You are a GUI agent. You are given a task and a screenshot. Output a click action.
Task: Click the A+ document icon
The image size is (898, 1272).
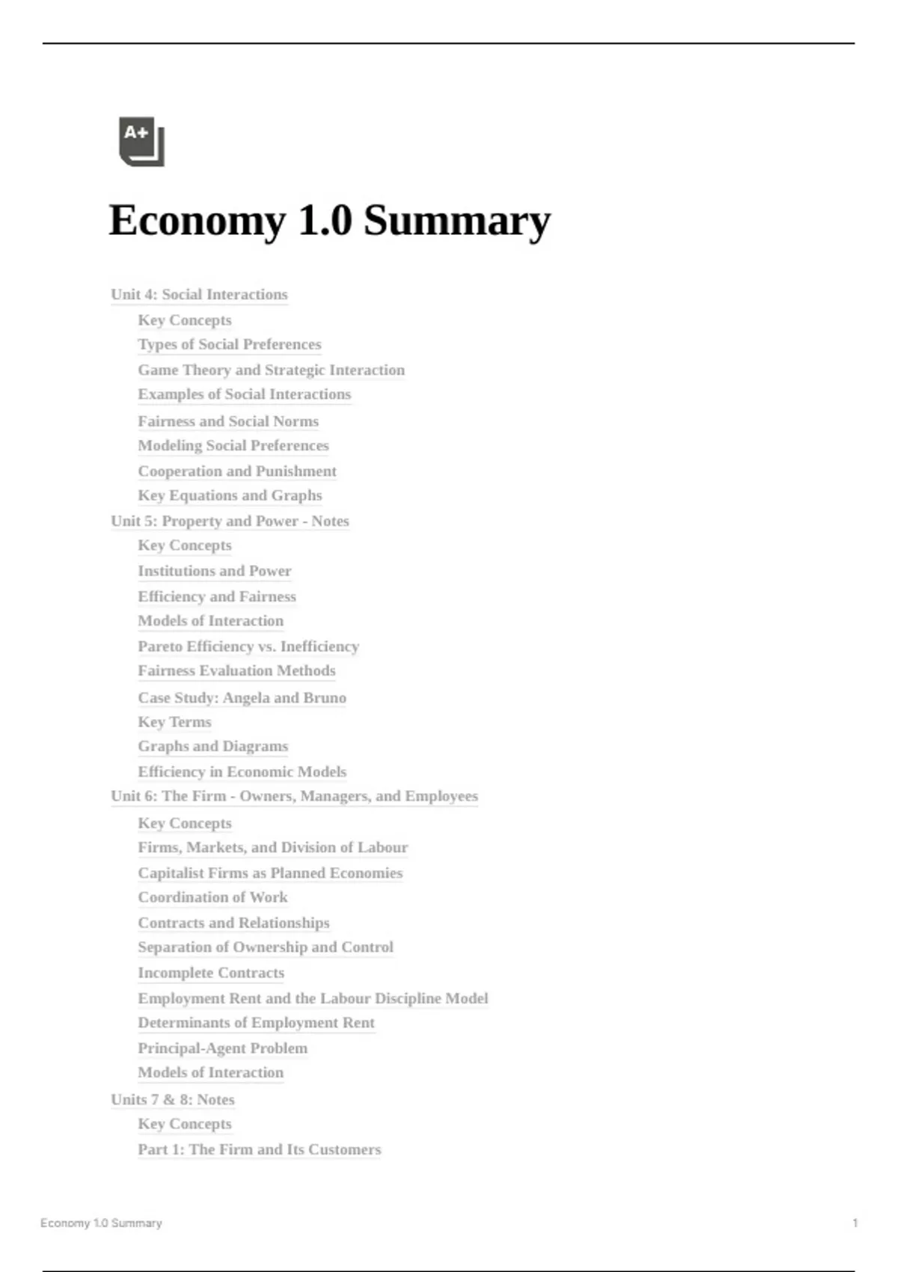click(x=141, y=141)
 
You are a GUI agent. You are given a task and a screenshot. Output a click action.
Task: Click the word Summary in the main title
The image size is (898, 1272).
click(x=456, y=221)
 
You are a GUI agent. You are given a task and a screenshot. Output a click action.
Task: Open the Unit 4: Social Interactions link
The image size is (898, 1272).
click(x=199, y=295)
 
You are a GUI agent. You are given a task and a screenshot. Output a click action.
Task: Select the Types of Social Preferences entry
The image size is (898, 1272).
click(x=229, y=345)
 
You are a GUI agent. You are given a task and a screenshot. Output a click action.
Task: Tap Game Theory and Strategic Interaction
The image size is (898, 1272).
click(x=271, y=370)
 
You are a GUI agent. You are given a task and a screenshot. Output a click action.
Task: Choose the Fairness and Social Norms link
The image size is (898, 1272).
click(x=228, y=422)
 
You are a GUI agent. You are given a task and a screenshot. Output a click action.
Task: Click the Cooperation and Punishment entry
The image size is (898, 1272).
click(x=237, y=471)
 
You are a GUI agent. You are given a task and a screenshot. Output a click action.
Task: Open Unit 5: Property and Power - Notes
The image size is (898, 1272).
click(x=230, y=522)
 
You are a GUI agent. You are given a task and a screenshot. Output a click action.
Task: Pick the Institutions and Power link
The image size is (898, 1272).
click(x=214, y=571)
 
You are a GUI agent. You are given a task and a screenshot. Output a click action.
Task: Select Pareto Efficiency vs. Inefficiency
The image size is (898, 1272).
click(x=248, y=646)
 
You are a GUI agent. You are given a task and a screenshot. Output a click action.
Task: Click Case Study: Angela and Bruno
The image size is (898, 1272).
click(x=242, y=698)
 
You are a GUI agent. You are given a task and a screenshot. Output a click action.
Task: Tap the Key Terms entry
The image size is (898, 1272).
click(x=174, y=722)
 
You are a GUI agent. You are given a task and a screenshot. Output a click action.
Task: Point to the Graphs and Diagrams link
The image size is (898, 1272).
click(x=213, y=747)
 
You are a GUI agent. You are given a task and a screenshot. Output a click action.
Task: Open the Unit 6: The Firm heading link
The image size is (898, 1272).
click(x=294, y=796)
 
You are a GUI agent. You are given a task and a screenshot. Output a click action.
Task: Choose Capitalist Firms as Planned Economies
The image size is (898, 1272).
click(x=270, y=873)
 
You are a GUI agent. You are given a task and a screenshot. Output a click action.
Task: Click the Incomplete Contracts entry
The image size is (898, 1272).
click(x=211, y=973)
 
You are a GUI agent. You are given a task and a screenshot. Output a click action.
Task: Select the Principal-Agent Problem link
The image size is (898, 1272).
click(x=222, y=1048)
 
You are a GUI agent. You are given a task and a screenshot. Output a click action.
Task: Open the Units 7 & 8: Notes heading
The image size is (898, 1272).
click(x=173, y=1100)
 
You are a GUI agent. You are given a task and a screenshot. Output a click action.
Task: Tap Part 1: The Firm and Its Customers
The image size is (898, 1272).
click(x=259, y=1150)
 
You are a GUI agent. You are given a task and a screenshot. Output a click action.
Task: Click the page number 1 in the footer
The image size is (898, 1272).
click(x=855, y=1223)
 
